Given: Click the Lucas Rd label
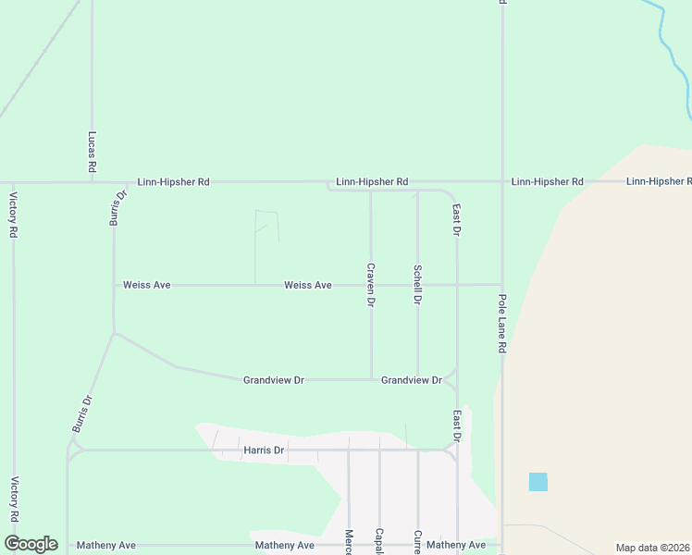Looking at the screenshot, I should (93, 152).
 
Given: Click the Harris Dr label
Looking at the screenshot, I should (264, 450).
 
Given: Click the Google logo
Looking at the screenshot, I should (31, 544).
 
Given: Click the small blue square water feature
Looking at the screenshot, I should (538, 482).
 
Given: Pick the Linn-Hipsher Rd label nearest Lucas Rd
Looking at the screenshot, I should (173, 182).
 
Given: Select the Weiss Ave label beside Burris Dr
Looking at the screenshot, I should (147, 285).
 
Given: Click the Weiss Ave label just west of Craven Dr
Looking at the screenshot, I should (308, 285).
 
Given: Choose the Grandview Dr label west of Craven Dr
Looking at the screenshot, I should (274, 380).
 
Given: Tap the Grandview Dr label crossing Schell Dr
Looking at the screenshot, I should (412, 380).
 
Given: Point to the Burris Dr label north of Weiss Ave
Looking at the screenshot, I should (117, 208).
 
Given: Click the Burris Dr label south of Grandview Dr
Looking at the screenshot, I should (83, 414).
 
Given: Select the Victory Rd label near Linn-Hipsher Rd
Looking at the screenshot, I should (14, 215).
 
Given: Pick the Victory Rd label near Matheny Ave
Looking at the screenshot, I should (14, 499).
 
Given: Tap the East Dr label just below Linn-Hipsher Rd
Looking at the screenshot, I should (456, 220).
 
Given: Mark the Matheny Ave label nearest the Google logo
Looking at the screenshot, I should (106, 545).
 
